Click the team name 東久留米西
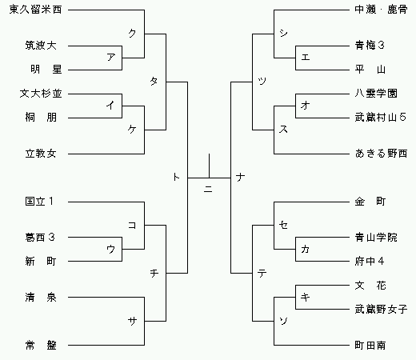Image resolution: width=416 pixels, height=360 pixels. point(35,10)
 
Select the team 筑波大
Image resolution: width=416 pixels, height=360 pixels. point(41,46)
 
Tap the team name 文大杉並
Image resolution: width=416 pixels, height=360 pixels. point(41,94)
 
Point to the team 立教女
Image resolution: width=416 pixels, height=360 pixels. point(41,154)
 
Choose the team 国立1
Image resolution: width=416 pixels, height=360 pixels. point(39,202)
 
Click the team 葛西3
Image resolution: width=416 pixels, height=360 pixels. point(40,237)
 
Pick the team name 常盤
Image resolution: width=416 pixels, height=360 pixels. point(41,346)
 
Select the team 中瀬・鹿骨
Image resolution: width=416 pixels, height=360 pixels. point(381,10)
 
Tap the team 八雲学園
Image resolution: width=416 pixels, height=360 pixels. point(376,94)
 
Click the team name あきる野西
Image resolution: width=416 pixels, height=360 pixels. point(381,154)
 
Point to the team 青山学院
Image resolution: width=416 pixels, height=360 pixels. point(376,237)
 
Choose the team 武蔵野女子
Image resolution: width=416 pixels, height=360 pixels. point(381,310)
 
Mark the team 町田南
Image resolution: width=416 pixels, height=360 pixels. point(370,346)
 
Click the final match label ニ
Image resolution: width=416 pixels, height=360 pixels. point(208,190)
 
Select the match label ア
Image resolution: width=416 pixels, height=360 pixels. point(111,57)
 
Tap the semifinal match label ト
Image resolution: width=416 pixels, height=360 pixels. point(176,177)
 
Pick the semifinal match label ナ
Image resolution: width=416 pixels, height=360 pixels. point(240,177)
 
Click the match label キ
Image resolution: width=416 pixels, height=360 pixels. point(305,297)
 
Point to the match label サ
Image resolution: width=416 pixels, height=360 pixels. point(132,321)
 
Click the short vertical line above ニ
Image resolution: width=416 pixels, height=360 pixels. point(209,166)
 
